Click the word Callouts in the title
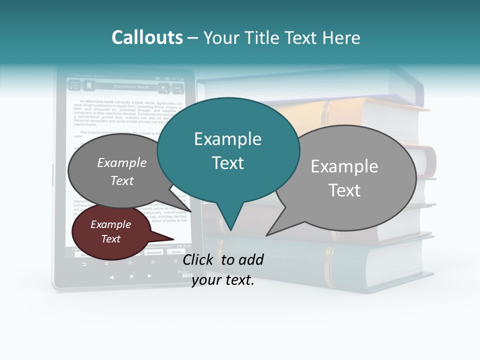(x=147, y=37)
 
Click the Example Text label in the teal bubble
(x=228, y=150)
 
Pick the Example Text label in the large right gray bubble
(x=344, y=178)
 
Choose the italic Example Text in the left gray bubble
(x=122, y=171)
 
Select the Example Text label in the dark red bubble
(x=111, y=231)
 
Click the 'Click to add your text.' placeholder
(x=223, y=269)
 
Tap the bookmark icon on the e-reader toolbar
(x=89, y=86)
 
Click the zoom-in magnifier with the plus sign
(x=163, y=88)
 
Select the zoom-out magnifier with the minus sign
(x=177, y=88)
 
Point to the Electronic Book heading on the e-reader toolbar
(x=131, y=87)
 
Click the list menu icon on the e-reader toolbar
(x=74, y=86)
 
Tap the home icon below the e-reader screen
(x=131, y=276)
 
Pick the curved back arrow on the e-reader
(x=84, y=264)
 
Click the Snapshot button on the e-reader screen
(x=154, y=252)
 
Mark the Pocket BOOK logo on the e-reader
(x=185, y=273)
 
